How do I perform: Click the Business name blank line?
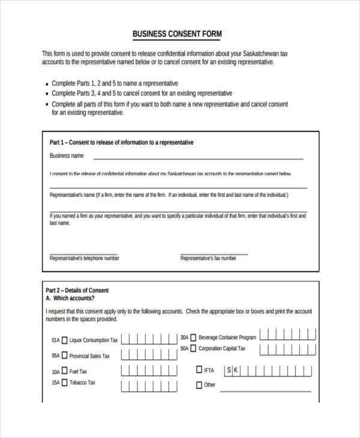pyautogui.click(x=198, y=157)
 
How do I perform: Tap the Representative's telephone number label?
pyautogui.click(x=84, y=258)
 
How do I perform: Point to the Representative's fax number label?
pyautogui.click(x=208, y=258)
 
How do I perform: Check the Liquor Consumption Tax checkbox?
pyautogui.click(x=65, y=340)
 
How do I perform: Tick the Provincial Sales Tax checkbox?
pyautogui.click(x=65, y=356)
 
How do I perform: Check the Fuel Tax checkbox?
pyautogui.click(x=65, y=371)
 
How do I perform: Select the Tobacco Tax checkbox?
pyautogui.click(x=65, y=382)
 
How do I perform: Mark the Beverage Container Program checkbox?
pyautogui.click(x=193, y=337)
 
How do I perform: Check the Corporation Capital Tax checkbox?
pyautogui.click(x=193, y=348)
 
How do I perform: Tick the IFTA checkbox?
pyautogui.click(x=199, y=370)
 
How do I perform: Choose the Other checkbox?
pyautogui.click(x=199, y=385)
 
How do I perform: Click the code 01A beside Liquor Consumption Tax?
pyautogui.click(x=55, y=340)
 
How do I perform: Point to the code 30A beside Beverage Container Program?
pyautogui.click(x=184, y=337)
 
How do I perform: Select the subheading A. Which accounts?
pyautogui.click(x=70, y=298)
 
